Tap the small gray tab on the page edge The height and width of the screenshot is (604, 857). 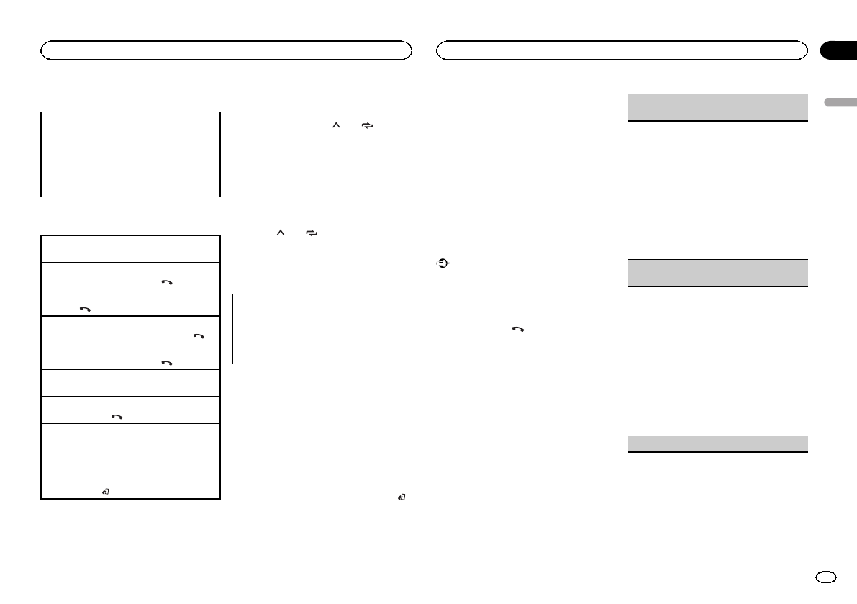[838, 102]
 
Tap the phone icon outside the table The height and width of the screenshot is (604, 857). [517, 329]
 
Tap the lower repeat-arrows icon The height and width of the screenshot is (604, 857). [312, 234]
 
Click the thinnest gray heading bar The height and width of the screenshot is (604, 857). [717, 443]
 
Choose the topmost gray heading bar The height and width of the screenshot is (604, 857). [717, 107]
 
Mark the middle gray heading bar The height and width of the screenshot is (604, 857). [717, 273]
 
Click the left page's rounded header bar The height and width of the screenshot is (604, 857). [226, 50]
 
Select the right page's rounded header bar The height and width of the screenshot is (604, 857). [622, 50]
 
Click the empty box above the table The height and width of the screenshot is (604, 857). [130, 153]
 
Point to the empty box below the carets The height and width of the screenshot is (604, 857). [322, 328]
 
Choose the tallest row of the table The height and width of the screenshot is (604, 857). [130, 447]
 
